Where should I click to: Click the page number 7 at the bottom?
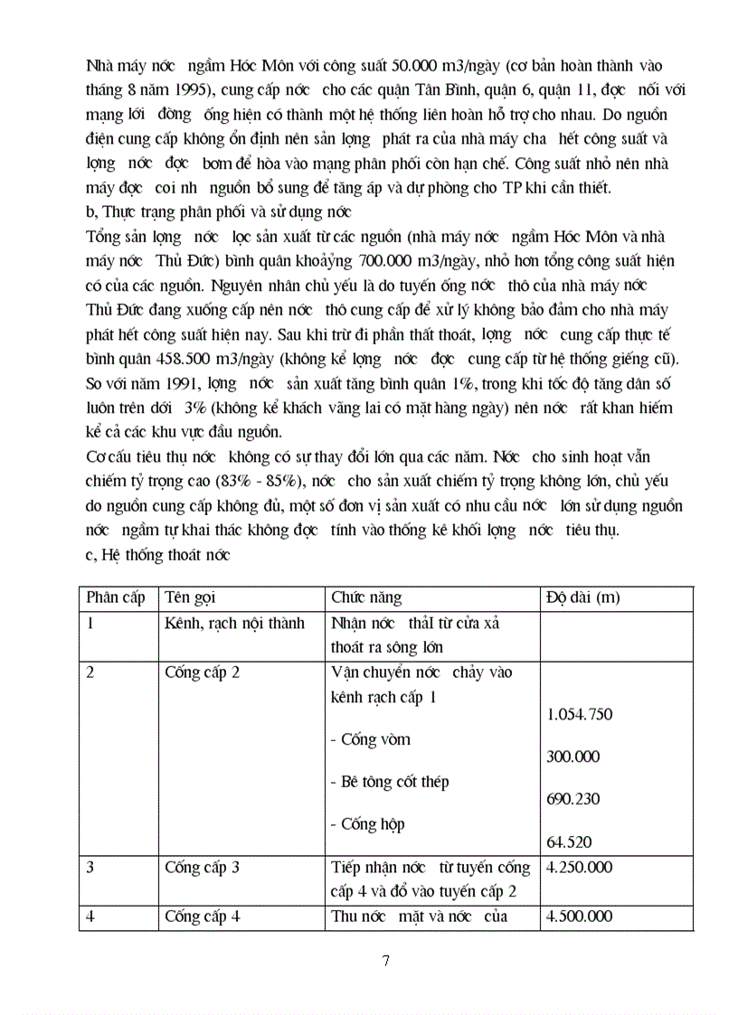click(386, 960)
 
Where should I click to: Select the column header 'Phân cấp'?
click(115, 598)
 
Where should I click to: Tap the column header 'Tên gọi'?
click(191, 598)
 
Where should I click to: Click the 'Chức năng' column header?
click(366, 598)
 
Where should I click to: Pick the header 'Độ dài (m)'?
click(583, 598)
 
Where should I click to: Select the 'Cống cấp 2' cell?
click(202, 672)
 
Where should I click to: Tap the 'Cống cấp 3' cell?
click(202, 868)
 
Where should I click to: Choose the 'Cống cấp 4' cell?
click(202, 916)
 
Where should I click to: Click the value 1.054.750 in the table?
click(580, 715)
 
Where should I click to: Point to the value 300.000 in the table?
click(573, 757)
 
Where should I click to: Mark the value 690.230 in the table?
click(573, 800)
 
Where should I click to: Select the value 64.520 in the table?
click(570, 842)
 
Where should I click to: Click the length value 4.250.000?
click(580, 868)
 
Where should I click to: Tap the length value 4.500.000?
click(580, 916)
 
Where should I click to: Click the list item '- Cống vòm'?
click(370, 739)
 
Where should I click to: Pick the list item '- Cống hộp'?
click(367, 824)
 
